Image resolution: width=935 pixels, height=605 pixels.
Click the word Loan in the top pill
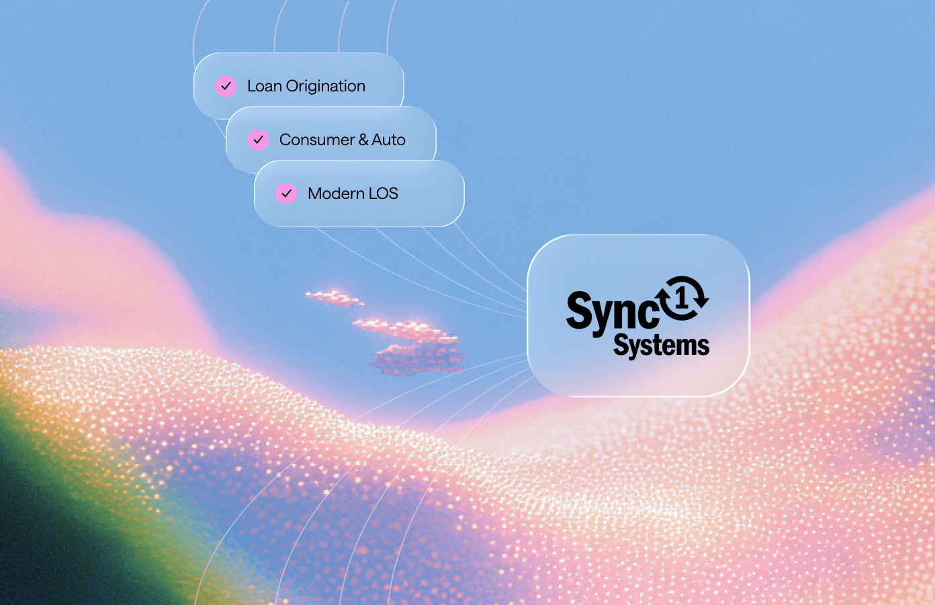point(265,86)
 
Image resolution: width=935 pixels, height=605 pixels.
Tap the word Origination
point(326,86)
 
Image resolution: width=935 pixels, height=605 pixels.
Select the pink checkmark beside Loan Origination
point(226,86)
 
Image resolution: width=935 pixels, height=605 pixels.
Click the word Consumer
point(317,140)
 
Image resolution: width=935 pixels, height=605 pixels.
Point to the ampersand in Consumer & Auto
point(363,140)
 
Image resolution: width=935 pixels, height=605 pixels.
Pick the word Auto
point(389,140)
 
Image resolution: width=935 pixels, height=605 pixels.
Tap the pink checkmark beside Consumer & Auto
point(258,140)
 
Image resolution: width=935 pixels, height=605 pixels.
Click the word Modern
point(336,194)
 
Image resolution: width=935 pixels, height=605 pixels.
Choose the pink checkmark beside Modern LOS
point(286,194)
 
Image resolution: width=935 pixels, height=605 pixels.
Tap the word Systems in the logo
point(662,346)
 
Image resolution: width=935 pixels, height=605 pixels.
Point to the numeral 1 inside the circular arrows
point(682,298)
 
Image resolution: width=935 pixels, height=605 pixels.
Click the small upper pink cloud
point(335,298)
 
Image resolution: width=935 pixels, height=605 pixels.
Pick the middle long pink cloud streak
point(404,329)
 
